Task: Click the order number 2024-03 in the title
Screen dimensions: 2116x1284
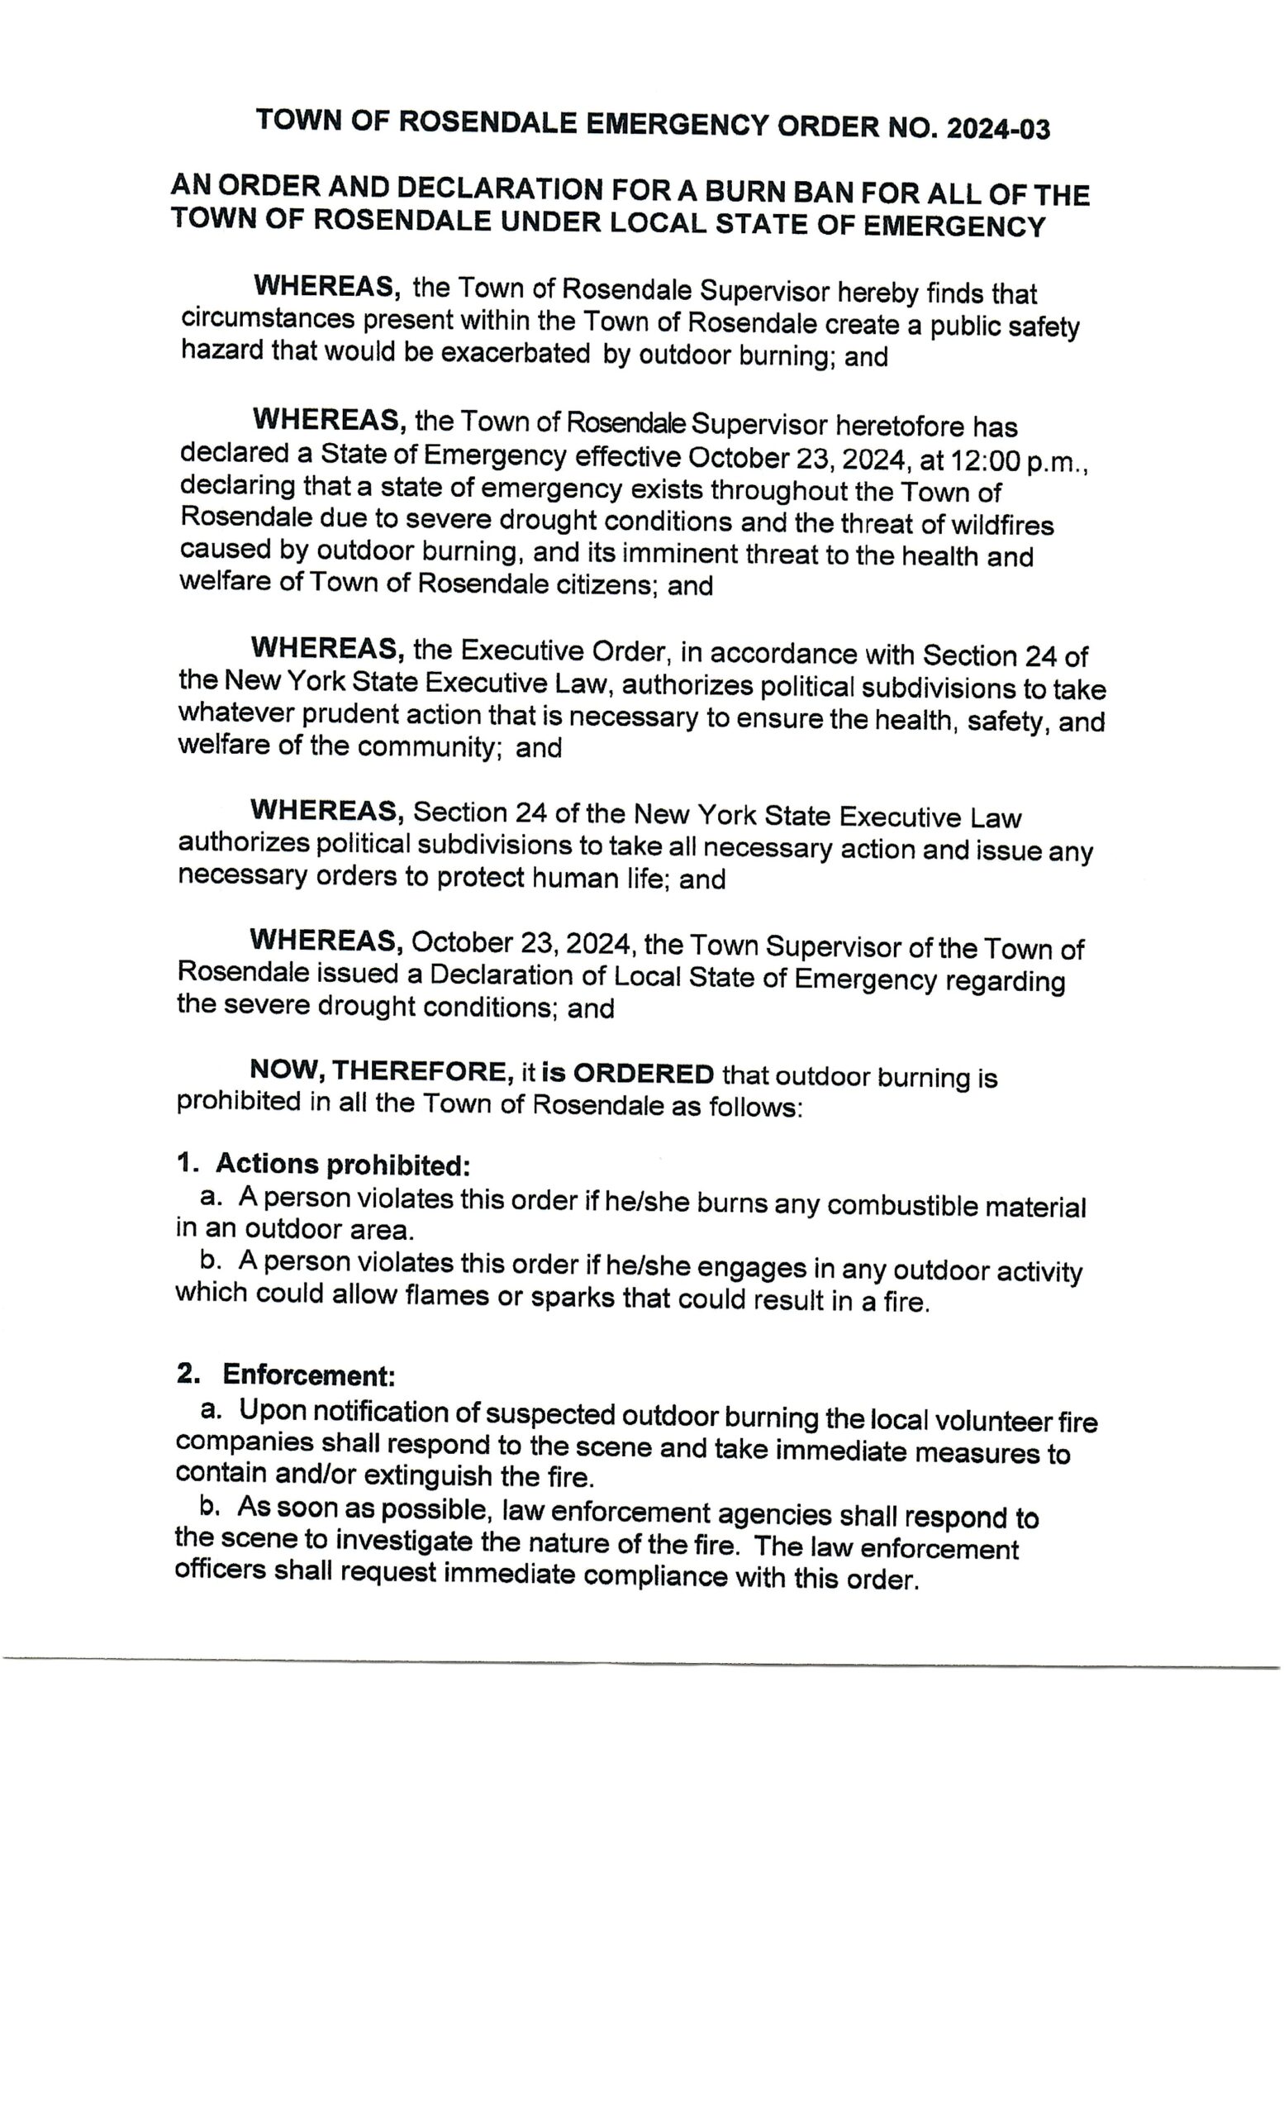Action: click(x=997, y=129)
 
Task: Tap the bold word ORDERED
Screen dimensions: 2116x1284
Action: click(x=643, y=1074)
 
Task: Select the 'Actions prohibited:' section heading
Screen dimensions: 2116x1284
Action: click(x=342, y=1164)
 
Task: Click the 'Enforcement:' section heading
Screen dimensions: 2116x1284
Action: click(x=308, y=1374)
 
